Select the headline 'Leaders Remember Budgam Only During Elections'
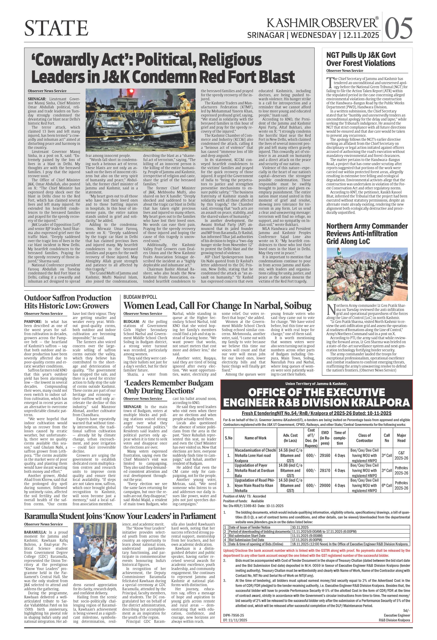(x=169, y=387)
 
